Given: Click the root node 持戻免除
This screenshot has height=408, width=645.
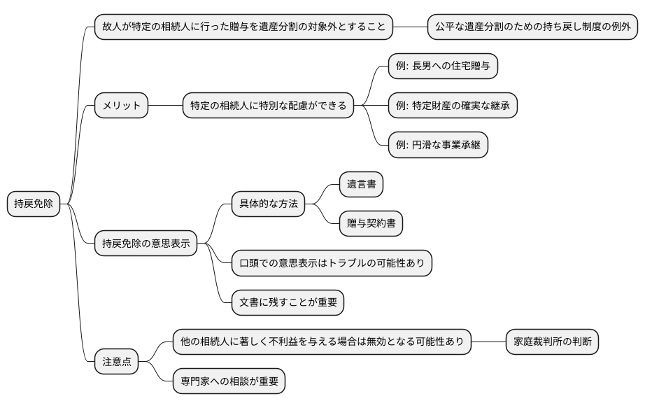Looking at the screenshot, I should click(34, 204).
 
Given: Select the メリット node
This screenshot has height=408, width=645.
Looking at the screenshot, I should click(121, 106).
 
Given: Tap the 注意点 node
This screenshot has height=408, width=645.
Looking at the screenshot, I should click(116, 363).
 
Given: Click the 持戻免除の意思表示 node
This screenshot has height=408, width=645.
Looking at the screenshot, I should click(146, 244).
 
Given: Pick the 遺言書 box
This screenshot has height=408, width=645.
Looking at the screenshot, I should click(362, 184).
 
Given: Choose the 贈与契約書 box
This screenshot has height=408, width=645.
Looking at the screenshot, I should click(371, 224).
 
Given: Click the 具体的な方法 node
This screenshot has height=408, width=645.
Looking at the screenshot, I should click(269, 204).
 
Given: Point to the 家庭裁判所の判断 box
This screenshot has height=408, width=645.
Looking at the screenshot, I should click(552, 342).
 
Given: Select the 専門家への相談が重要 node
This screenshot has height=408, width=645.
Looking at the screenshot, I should click(229, 382).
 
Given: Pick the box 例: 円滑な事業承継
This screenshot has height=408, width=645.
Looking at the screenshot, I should click(439, 146).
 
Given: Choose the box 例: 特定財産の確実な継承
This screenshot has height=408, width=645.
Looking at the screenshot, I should click(453, 106).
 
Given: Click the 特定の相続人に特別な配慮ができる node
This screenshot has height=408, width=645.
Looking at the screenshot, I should click(268, 106).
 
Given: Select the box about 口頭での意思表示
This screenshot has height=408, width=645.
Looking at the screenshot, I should click(332, 263).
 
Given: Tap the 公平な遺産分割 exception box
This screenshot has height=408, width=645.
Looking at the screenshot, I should click(532, 28).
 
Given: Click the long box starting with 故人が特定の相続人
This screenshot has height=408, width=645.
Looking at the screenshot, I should click(243, 28).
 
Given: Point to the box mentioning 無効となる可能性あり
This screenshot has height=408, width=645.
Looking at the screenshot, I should click(322, 342).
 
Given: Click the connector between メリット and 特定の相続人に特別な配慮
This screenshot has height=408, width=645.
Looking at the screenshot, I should click(165, 106).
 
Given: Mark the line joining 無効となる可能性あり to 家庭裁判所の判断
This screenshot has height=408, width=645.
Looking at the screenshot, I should click(488, 342).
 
